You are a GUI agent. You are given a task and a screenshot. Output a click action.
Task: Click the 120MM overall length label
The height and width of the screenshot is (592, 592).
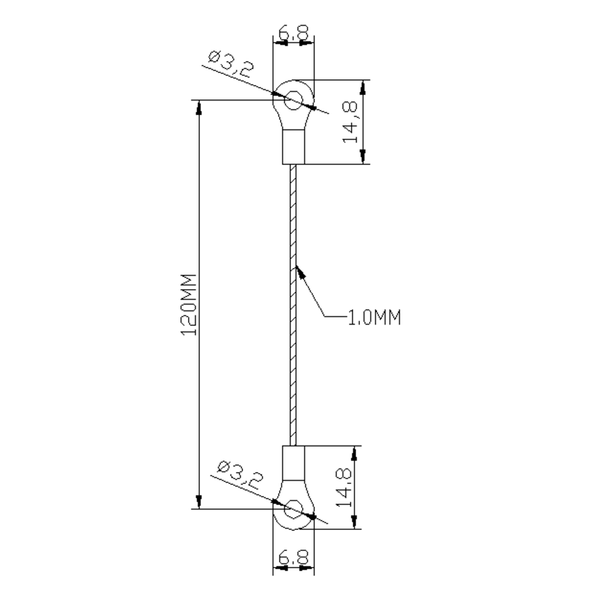click(189, 305)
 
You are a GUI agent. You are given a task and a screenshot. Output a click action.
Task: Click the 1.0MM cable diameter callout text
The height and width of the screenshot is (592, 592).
click(375, 318)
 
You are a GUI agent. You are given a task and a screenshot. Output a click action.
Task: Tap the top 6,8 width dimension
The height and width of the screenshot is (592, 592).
click(293, 32)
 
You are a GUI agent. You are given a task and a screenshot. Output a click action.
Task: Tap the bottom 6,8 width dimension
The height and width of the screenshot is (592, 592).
click(293, 558)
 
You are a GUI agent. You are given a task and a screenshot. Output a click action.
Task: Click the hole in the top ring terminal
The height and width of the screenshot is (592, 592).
click(293, 99)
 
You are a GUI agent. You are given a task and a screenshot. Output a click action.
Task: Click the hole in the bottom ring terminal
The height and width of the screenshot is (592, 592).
click(293, 508)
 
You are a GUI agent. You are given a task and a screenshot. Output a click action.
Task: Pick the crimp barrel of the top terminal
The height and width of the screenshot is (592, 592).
click(293, 146)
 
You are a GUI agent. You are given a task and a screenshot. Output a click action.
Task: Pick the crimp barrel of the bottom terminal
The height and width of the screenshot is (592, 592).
click(293, 461)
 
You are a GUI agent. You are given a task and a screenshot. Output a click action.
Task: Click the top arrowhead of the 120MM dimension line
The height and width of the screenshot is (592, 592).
click(199, 107)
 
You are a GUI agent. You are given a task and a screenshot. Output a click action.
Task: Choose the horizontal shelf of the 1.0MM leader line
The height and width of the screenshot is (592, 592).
click(336, 318)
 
